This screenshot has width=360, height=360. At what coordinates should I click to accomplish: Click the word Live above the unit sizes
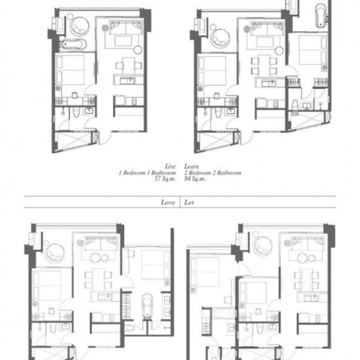[x=170, y=166]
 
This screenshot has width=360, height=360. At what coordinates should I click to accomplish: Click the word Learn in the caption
[x=191, y=166]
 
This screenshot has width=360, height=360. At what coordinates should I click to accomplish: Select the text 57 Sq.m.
[x=165, y=179]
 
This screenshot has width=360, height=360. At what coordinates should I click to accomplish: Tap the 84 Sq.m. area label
[x=194, y=179]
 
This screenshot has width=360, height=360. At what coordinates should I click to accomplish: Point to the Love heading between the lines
[x=168, y=202]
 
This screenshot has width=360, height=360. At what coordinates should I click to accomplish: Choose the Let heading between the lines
[x=189, y=202]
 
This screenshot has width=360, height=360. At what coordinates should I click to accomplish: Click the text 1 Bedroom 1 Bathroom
[x=147, y=172]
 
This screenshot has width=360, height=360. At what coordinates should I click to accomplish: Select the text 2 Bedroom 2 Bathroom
[x=212, y=172]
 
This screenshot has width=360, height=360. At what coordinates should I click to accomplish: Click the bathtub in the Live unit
[x=74, y=44]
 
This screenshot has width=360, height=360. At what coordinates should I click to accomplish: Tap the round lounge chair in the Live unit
[x=79, y=26]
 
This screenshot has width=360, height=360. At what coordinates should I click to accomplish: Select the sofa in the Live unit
[x=126, y=28]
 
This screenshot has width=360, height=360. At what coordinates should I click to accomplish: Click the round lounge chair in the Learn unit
[x=220, y=38]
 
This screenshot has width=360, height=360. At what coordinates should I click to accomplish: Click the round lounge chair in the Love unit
[x=55, y=253]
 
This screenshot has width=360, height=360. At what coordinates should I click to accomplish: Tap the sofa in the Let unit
[x=308, y=244]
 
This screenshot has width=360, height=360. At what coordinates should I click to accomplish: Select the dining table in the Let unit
[x=307, y=279]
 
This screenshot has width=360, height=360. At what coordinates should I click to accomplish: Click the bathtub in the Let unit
[x=224, y=313]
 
